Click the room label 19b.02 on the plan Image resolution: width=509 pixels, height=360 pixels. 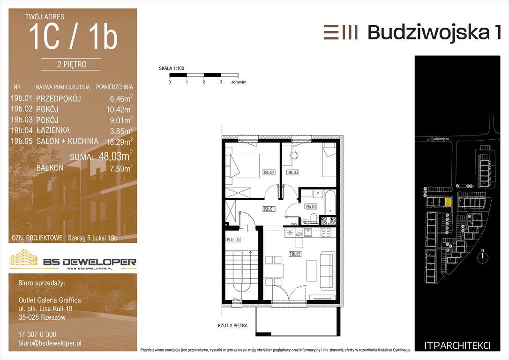(x=269, y=172)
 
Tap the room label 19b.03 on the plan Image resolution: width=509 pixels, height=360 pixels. (x=292, y=172)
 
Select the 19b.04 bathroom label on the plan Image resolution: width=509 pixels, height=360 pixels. (x=311, y=206)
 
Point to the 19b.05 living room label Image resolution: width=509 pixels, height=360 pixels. (x=295, y=254)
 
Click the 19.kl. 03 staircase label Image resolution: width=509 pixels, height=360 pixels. (x=233, y=240)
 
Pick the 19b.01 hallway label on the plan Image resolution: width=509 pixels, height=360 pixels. (x=269, y=210)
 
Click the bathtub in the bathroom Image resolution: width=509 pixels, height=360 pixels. (x=330, y=203)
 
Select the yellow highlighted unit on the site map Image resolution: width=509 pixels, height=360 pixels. (x=448, y=202)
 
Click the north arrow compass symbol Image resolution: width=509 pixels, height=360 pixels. (x=483, y=256)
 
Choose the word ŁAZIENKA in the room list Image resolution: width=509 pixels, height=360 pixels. (x=53, y=130)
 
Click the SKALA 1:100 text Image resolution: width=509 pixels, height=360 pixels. (x=172, y=68)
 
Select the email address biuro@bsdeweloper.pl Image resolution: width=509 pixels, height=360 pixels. (x=50, y=343)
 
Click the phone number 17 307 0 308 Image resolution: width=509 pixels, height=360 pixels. (x=37, y=334)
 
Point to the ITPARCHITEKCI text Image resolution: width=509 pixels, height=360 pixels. (x=457, y=346)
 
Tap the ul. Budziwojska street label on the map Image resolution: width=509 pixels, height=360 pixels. (x=438, y=139)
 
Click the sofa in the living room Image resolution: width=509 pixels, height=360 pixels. (x=327, y=271)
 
